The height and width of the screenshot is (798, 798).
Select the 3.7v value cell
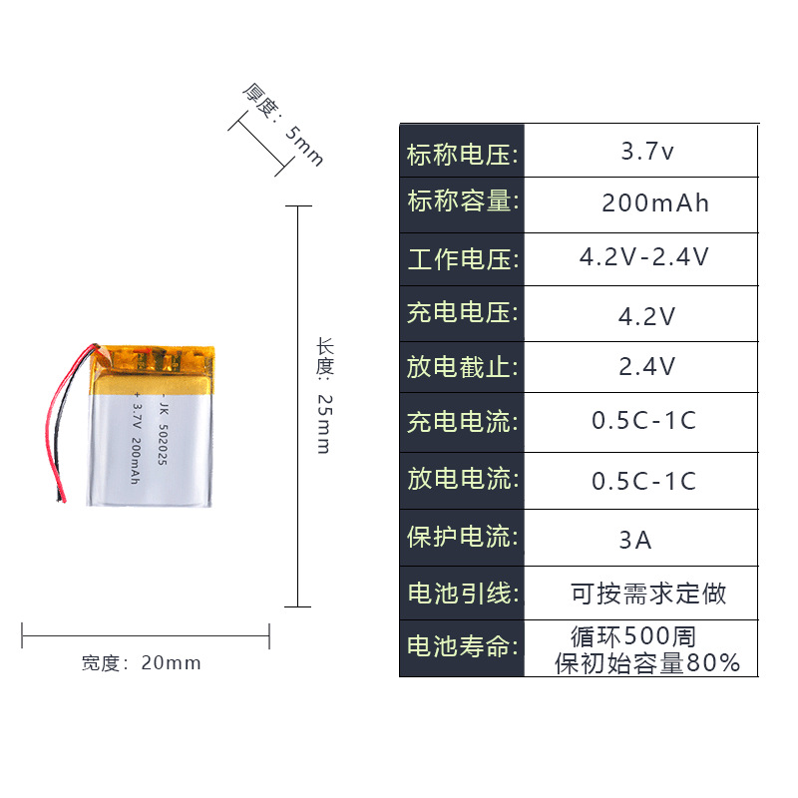pos(647,153)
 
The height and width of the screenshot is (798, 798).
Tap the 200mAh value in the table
pos(655,203)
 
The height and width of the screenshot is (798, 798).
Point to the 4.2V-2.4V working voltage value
pos(644,257)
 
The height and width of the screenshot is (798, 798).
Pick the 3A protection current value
pos(635,541)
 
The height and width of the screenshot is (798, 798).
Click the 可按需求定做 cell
pos(648,595)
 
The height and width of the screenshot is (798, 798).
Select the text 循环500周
pos(632,635)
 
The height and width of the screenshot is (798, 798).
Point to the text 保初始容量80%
pos(647,662)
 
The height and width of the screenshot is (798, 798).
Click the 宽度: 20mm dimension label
pos(141,663)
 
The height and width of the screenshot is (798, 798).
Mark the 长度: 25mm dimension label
pos(323,396)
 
